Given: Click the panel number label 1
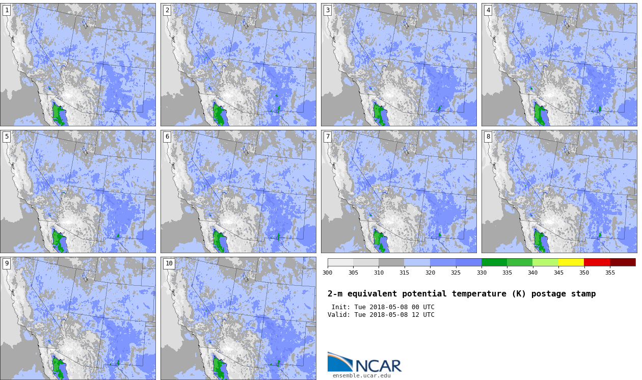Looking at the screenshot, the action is coord(6,11).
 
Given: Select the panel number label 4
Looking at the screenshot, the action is coord(488,11).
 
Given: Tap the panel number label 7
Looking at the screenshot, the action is coord(327,137).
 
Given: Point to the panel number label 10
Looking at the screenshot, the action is coord(169,263).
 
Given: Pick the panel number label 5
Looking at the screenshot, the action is coord(6,137).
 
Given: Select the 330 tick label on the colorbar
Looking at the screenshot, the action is coord(481,273).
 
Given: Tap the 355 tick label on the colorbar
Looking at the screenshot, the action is coord(610,273).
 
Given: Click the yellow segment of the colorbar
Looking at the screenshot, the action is coord(571,262).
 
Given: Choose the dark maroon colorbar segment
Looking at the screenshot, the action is coord(623,262).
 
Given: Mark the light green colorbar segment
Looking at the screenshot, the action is coord(545,262).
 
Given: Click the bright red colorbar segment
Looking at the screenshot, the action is coord(597,262).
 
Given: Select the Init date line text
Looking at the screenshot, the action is coord(383,307).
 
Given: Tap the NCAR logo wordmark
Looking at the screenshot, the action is coord(378,366).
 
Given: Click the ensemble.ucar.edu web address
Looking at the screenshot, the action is coord(362,376).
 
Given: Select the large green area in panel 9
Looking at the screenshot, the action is coord(59,367).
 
